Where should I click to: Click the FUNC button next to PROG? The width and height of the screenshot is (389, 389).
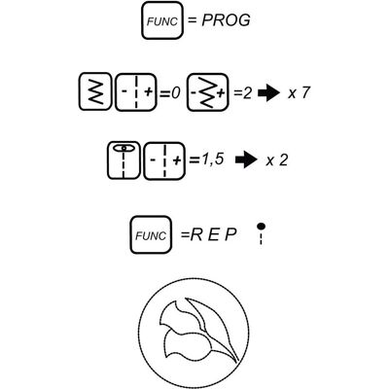162,20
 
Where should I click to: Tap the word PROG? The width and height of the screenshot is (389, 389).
226,20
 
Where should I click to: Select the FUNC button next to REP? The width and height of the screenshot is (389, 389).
151,234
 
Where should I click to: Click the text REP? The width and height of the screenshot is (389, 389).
213,234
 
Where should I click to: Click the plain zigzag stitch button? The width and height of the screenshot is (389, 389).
94,91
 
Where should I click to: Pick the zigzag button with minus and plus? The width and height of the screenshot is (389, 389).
208,92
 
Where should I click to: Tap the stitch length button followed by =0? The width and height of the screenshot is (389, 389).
136,92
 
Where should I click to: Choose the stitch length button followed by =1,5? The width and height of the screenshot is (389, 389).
164,160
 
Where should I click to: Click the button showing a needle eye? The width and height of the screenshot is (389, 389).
124,160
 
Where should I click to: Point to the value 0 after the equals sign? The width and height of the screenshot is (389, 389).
175,93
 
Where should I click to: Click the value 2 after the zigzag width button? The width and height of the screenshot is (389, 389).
247,93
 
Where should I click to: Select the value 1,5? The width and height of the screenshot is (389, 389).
212,159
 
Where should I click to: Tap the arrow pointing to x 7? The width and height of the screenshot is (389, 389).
268,93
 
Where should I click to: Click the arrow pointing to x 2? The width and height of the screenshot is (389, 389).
246,160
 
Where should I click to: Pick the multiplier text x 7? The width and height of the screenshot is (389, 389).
299,93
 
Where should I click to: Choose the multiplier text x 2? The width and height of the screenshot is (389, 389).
276,160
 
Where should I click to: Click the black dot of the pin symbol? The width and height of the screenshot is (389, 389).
261,226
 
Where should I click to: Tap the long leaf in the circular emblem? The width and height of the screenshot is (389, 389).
214,328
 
